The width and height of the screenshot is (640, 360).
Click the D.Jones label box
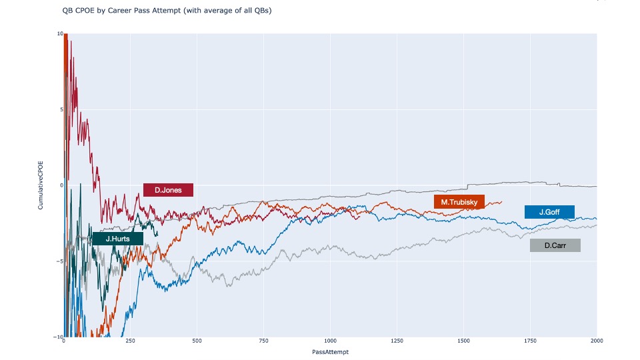[168, 190]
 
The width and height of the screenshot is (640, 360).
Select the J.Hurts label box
[117, 238]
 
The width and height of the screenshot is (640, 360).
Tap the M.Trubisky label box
[459, 202]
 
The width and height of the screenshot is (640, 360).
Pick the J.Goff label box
[549, 212]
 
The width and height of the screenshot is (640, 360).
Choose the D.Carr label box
[555, 245]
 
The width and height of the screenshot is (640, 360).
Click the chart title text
[167, 11]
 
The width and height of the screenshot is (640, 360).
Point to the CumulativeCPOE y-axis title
[41, 185]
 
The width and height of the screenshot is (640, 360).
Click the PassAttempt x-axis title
[330, 351]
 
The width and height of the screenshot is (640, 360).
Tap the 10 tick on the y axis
[59, 33]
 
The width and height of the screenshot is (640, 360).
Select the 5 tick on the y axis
[61, 109]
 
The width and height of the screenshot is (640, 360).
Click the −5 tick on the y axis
[59, 261]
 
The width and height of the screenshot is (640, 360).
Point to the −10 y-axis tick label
[58, 337]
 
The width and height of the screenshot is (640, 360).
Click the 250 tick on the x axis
[130, 342]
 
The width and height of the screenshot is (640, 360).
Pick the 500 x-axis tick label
[197, 342]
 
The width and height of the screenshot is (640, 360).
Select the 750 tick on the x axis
[263, 342]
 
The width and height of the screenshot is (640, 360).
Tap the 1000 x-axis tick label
[330, 342]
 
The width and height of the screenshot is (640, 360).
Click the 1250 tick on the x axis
[397, 342]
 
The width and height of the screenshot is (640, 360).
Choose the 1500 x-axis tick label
[463, 342]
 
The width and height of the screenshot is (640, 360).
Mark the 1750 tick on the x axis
[530, 342]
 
